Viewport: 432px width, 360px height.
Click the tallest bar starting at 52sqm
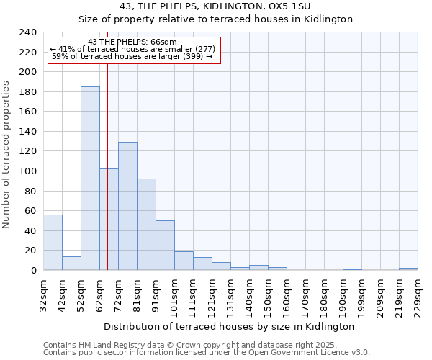[x=90, y=179]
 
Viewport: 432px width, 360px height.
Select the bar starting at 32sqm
[x=53, y=243]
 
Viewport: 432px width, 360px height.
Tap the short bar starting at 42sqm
[x=71, y=264]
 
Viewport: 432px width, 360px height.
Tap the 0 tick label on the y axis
[x=33, y=270]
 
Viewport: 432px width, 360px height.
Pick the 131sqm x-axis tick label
[x=230, y=295]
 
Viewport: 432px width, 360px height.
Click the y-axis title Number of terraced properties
[x=7, y=154]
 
